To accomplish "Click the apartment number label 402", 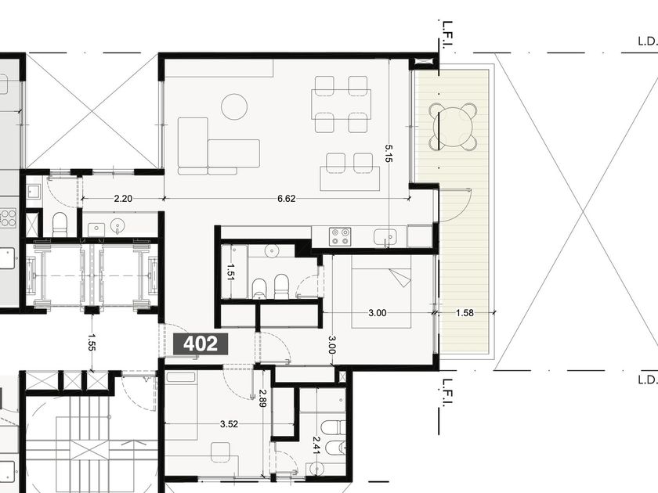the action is [201, 344].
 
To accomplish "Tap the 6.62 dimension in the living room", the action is [286, 198].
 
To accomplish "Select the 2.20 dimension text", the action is [123, 198].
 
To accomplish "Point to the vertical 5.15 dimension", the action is [389, 153].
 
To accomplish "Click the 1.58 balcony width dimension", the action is [465, 313].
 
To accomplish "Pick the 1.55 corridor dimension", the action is [92, 342].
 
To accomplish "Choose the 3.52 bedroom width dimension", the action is [229, 424].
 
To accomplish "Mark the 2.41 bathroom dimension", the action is [316, 445].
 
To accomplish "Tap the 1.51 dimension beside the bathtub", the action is [230, 272].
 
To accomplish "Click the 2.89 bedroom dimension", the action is [262, 398].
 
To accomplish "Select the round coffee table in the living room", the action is [234, 106].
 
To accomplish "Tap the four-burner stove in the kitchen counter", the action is [340, 236].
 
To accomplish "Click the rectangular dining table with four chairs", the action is [342, 104].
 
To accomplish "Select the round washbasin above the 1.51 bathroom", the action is [272, 250].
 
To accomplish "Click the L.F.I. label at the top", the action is [448, 34].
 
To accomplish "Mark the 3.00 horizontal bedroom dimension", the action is [378, 313].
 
